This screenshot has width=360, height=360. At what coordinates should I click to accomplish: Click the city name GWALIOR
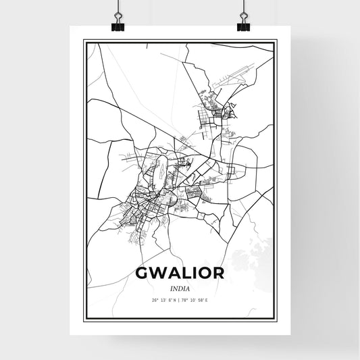179,274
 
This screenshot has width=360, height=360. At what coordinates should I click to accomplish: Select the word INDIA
180,290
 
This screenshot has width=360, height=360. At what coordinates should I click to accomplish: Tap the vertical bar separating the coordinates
180,301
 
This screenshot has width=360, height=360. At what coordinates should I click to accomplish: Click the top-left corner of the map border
84,41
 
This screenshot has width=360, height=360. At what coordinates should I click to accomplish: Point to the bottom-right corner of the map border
276,319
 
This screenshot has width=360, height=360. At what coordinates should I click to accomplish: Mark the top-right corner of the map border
276,41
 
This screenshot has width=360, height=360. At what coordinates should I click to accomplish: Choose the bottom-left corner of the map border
84,319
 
